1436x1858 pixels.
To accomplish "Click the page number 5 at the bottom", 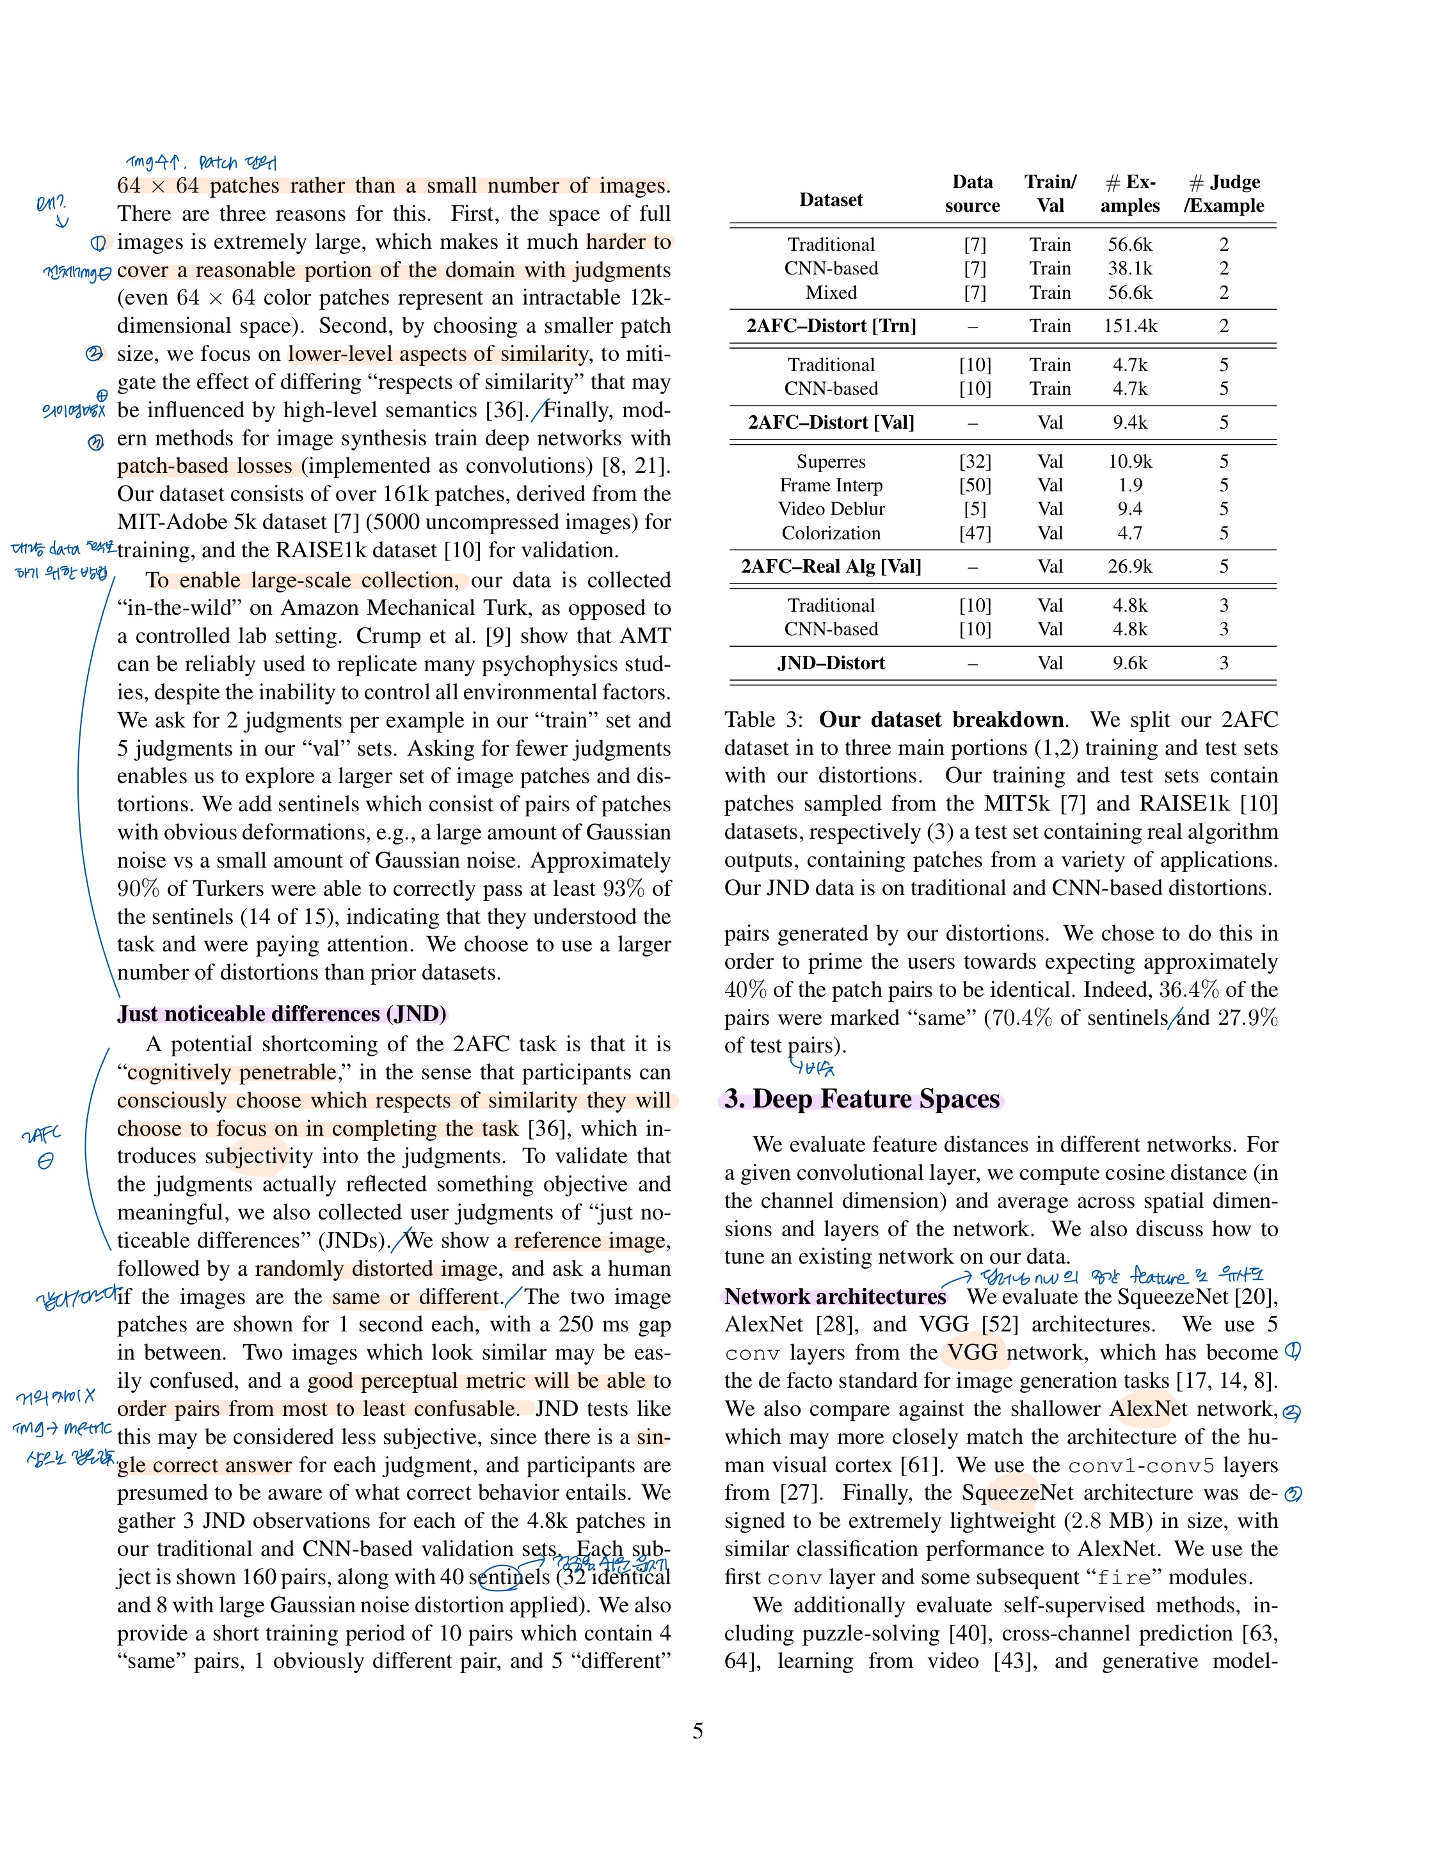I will pos(698,1731).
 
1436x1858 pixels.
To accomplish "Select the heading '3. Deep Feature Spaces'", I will pos(862,1099).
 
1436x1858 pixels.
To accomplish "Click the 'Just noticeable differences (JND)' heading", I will pos(282,1014).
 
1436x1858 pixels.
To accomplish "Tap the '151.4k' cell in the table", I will pos(1129,326).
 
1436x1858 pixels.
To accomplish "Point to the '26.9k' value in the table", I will pos(1129,567).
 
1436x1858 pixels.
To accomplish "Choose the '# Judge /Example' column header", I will pos(1224,194).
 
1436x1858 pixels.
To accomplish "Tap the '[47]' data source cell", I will pos(974,534).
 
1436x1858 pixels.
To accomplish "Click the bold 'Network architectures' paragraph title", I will pos(834,1296).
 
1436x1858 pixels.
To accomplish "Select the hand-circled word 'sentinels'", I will pos(509,1577).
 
